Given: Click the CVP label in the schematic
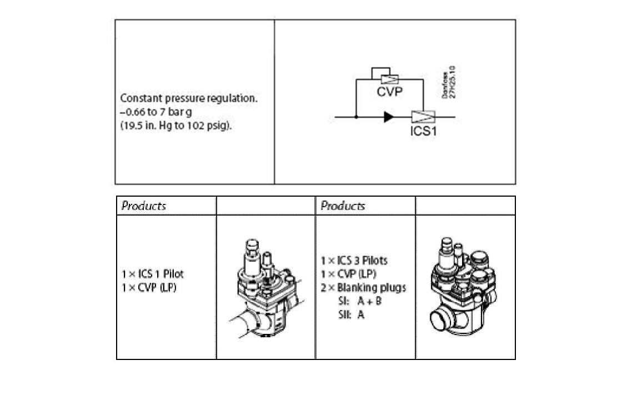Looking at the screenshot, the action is click(389, 92).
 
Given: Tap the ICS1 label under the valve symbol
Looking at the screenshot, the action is click(424, 131).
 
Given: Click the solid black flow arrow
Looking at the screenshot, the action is click(388, 117).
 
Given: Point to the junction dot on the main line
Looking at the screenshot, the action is click(356, 117).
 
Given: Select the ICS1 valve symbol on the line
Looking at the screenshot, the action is click(423, 117).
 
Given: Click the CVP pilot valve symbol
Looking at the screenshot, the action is click(389, 79).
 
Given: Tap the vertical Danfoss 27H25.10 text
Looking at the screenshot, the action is click(449, 82).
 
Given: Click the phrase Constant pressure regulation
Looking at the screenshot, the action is click(189, 98).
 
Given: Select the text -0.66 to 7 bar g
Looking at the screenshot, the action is click(156, 112).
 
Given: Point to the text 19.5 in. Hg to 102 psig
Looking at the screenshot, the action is click(175, 126).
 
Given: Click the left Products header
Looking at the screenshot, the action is click(144, 206).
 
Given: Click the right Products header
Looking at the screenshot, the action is click(343, 206).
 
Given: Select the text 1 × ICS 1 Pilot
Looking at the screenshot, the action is click(153, 274).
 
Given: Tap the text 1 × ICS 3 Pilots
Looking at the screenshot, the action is click(354, 261).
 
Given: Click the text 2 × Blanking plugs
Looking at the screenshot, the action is click(363, 288).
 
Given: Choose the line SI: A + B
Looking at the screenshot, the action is click(360, 301).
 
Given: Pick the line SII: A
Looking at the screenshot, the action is click(352, 314).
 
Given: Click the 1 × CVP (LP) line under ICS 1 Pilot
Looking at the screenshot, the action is click(149, 287).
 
